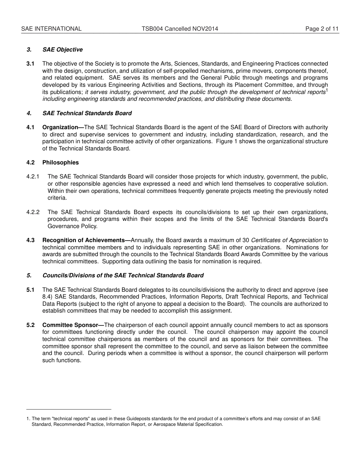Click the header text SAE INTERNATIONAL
[x=51, y=29]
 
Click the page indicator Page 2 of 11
[x=322, y=29]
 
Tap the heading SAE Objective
[x=63, y=50]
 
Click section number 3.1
[x=30, y=64]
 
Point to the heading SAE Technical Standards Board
[x=87, y=113]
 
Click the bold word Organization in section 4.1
[x=60, y=127]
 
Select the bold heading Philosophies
[x=61, y=163]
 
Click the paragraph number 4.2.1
[x=33, y=177]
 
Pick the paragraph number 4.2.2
[x=33, y=212]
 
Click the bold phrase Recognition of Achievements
[x=84, y=240]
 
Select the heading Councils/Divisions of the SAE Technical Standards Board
[x=123, y=275]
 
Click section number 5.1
[x=30, y=290]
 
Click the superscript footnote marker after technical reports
[x=327, y=90]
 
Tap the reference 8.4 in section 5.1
[x=47, y=297]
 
